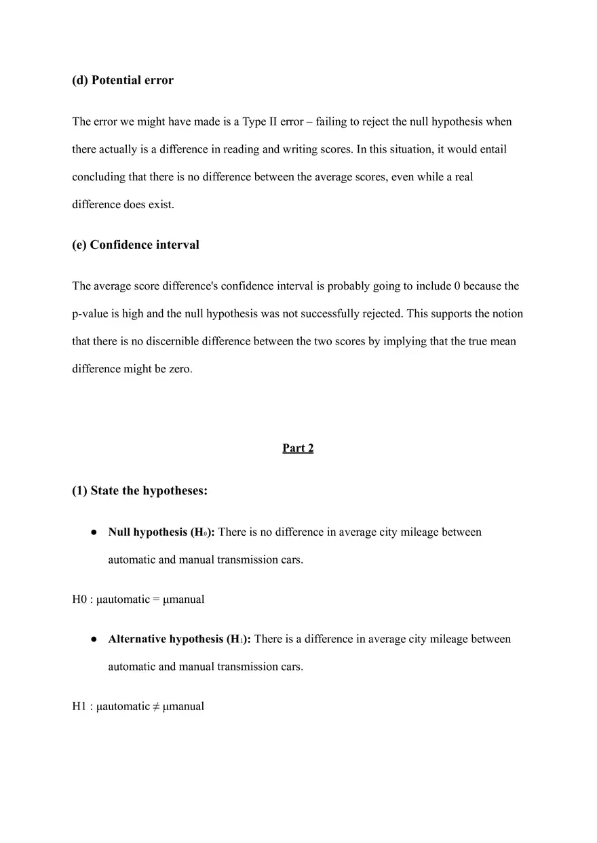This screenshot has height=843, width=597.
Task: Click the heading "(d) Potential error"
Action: tap(123, 81)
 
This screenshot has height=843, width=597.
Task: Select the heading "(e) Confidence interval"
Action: tap(136, 246)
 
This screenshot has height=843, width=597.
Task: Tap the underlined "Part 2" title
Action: tap(298, 448)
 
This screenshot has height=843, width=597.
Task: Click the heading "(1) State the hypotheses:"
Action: tap(140, 491)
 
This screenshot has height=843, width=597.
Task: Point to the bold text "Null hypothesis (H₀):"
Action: tap(161, 532)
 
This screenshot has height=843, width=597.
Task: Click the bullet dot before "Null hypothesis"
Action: tap(94, 533)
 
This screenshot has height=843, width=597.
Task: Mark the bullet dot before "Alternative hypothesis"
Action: tap(94, 640)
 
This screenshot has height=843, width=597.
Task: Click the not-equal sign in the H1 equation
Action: tap(157, 707)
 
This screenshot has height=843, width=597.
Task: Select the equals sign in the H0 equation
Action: tap(157, 600)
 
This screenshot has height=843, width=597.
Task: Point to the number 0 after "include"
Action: tap(457, 286)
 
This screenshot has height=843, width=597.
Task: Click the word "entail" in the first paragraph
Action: tap(493, 149)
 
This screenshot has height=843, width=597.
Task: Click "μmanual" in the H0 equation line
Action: tap(184, 600)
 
